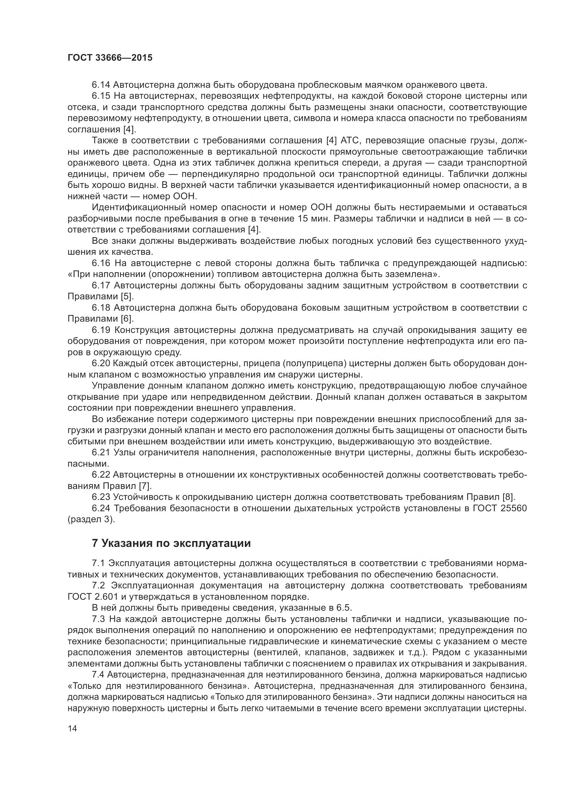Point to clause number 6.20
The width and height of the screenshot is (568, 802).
101,363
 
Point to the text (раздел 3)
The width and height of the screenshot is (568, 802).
91,519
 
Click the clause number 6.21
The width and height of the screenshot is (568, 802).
101,452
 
